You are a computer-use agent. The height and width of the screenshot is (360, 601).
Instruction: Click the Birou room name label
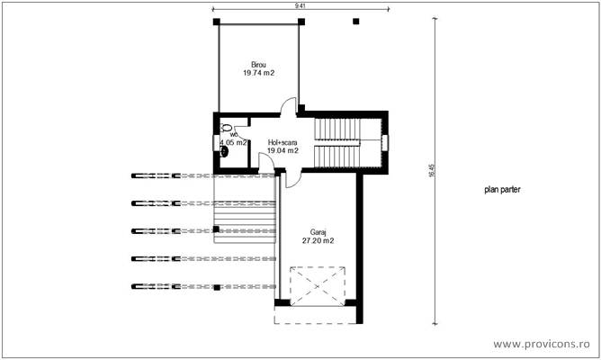(258, 65)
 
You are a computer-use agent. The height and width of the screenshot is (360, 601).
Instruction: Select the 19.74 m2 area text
(258, 73)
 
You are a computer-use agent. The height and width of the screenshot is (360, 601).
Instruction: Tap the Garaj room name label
(317, 232)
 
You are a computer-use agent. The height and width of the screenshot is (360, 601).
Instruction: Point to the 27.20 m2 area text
(317, 241)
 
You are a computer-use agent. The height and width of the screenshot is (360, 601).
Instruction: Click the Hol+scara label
(283, 142)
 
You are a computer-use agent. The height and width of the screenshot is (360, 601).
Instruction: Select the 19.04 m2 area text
(283, 151)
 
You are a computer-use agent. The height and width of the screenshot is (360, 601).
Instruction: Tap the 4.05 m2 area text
(232, 142)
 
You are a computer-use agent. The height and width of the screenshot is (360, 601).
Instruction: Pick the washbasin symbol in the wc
(224, 151)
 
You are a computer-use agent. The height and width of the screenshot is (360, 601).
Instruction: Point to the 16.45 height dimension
(431, 171)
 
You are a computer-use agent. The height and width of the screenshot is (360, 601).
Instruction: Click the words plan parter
(503, 190)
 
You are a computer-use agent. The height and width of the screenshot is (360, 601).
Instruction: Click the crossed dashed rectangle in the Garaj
(318, 287)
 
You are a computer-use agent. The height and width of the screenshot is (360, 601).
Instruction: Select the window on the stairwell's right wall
(384, 142)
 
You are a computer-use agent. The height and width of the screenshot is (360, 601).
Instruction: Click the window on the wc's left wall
(214, 142)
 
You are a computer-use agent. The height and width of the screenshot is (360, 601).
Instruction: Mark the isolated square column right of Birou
(356, 21)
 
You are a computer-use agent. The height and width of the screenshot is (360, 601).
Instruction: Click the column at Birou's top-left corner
(215, 21)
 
